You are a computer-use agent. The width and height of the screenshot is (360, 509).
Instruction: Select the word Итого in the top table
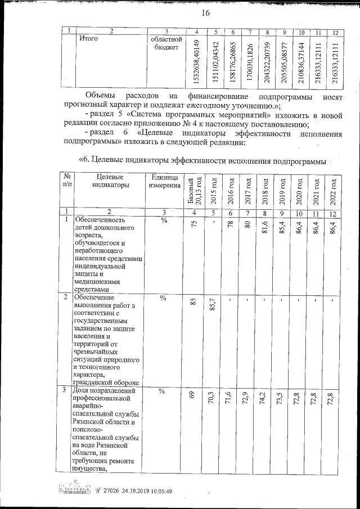89,39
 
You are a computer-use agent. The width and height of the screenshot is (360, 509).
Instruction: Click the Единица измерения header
164,182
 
